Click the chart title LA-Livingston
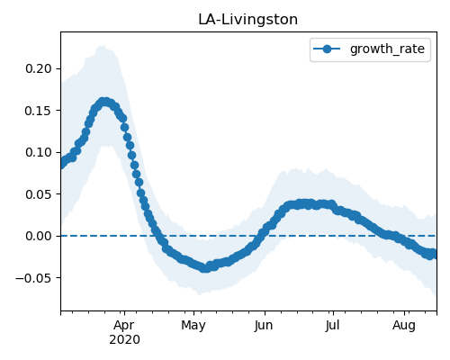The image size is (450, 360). (x=247, y=20)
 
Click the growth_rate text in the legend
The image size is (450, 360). (x=387, y=49)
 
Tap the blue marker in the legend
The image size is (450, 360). (x=327, y=49)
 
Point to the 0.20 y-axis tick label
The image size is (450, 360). (x=39, y=68)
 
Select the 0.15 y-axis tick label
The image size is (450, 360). (x=39, y=111)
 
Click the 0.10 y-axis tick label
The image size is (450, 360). (x=39, y=152)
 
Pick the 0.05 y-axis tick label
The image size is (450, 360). (x=39, y=194)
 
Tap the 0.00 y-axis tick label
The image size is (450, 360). (x=39, y=236)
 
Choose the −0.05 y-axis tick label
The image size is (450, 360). (x=33, y=278)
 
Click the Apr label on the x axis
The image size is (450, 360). (x=124, y=326)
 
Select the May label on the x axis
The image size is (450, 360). (x=193, y=326)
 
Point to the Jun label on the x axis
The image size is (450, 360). (x=264, y=326)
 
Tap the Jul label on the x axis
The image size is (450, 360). (x=332, y=326)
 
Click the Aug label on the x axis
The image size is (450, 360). (x=404, y=326)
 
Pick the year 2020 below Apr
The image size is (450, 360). (x=124, y=340)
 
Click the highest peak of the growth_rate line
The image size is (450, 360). (x=104, y=102)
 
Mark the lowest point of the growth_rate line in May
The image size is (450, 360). (x=205, y=268)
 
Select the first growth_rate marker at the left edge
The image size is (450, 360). (x=61, y=165)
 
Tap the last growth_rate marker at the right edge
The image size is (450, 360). (x=434, y=255)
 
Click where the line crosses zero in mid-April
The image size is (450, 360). (x=157, y=236)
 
